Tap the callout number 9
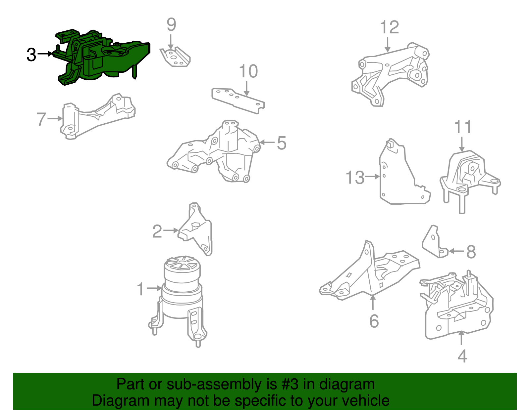coord(171,24)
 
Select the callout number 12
coord(389,27)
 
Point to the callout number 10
coord(248,71)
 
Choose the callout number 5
coord(282,143)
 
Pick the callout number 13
coord(355,177)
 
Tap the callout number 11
coord(463,127)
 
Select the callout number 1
coord(140,289)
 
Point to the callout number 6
coord(374,321)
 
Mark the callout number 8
coord(471,252)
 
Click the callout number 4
coord(462,356)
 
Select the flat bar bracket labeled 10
coord(238,101)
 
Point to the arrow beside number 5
coord(267,142)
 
